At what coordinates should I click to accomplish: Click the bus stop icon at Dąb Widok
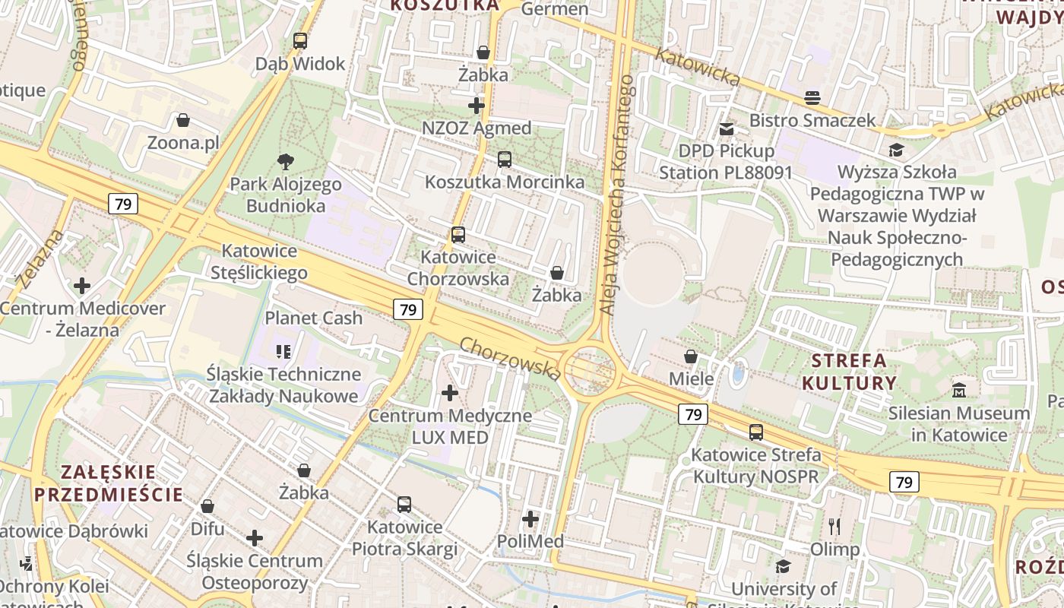coord(300,41)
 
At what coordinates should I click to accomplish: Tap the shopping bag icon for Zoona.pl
coord(183,120)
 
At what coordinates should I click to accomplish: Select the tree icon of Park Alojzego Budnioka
coord(286,161)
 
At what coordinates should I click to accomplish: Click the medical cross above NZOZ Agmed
coord(477,106)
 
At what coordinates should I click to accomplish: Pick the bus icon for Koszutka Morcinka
coord(505,160)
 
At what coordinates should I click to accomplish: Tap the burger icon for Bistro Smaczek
coord(812,98)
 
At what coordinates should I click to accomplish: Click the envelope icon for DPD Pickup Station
coord(727,129)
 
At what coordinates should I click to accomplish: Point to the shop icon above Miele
coord(691,356)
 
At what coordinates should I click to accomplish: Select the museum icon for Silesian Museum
coord(959,391)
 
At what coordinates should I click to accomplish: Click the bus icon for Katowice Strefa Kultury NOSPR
coord(755,432)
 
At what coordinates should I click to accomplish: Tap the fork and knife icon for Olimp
coord(834,526)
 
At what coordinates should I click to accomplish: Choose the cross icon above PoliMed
coord(530,519)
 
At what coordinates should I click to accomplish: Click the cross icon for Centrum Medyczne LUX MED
coord(450,393)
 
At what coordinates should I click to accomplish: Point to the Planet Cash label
coord(313,318)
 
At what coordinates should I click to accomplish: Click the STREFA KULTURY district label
coord(849,371)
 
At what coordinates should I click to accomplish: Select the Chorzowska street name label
coord(511,359)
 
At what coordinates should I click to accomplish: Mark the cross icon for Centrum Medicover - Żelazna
coord(82,286)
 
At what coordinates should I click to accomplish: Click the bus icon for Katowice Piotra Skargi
coord(404,504)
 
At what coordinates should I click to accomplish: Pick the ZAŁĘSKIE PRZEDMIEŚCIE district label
coord(108,483)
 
